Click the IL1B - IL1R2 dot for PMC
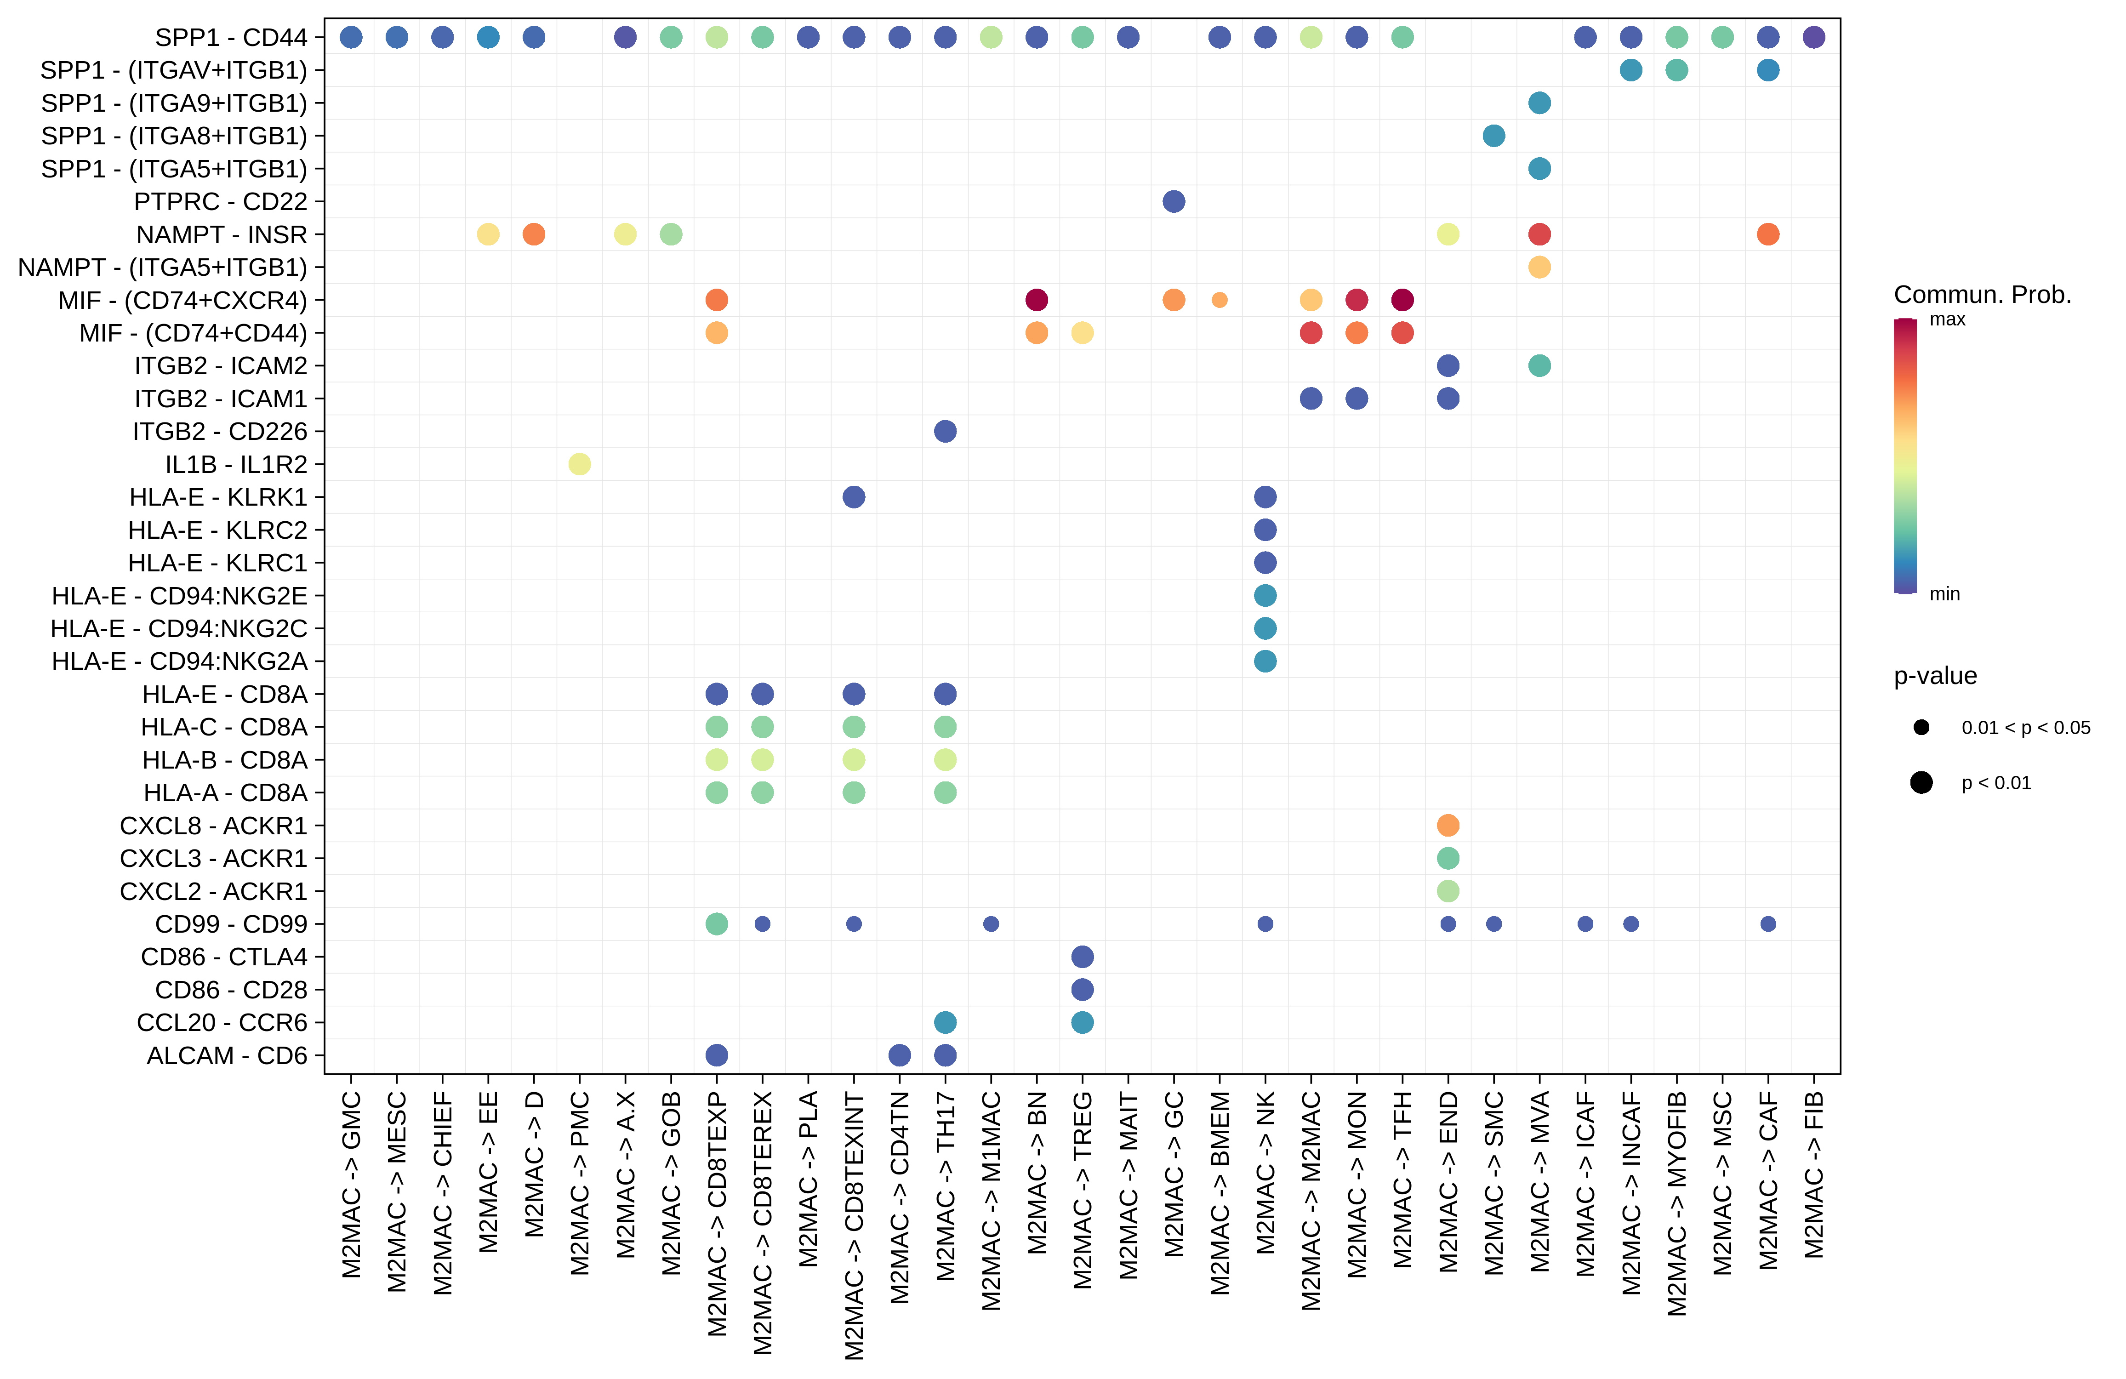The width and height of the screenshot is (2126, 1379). coord(580,464)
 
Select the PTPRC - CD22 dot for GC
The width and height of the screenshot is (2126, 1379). coord(1174,202)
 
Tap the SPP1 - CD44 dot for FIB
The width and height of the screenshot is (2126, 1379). coord(1813,38)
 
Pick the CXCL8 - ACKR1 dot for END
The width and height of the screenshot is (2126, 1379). coord(1448,825)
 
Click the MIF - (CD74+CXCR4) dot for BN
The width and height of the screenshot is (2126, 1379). coord(1036,300)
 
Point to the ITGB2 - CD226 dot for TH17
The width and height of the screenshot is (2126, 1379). coord(945,431)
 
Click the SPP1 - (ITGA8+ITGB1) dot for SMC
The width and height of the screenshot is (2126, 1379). coord(1493,136)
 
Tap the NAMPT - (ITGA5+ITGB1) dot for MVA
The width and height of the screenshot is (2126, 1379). coord(1539,267)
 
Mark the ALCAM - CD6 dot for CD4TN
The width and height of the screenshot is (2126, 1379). coord(900,1055)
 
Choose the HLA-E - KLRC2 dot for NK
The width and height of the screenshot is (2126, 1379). coord(1265,530)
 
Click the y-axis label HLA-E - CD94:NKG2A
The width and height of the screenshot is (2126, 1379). coord(179,662)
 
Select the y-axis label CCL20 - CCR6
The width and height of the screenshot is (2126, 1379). coord(222,1023)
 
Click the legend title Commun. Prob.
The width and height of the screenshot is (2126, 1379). coord(1982,295)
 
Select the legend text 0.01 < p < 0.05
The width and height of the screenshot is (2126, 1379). coord(2025,728)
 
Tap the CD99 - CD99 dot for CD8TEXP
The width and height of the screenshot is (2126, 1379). coord(717,923)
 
